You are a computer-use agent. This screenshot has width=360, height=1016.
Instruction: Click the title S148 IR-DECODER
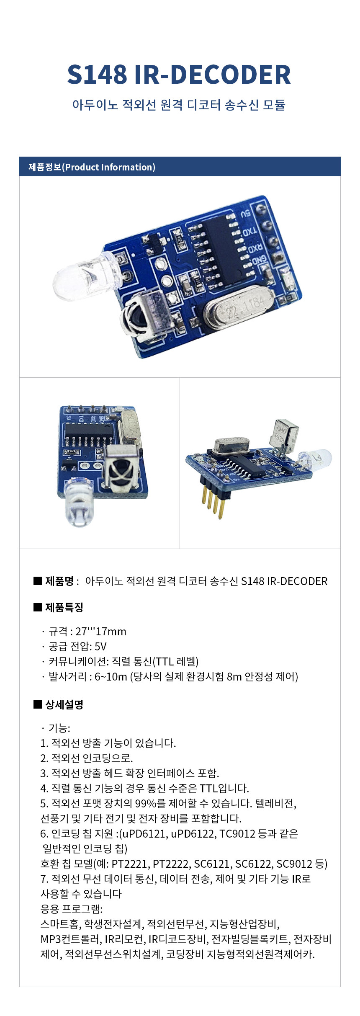click(179, 75)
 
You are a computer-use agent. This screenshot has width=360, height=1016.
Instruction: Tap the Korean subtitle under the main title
click(179, 104)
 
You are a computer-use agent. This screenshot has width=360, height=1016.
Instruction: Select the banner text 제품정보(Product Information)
click(92, 167)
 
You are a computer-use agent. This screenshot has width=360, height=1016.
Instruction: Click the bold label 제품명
click(59, 581)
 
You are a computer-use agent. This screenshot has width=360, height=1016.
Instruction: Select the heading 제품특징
click(64, 607)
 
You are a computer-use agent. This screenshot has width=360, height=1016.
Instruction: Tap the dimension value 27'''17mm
click(101, 631)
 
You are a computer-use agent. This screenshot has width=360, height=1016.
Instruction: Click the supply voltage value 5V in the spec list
click(100, 646)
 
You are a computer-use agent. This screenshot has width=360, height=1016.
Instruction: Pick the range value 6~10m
click(111, 676)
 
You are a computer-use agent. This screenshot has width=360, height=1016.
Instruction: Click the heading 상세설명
click(64, 704)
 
